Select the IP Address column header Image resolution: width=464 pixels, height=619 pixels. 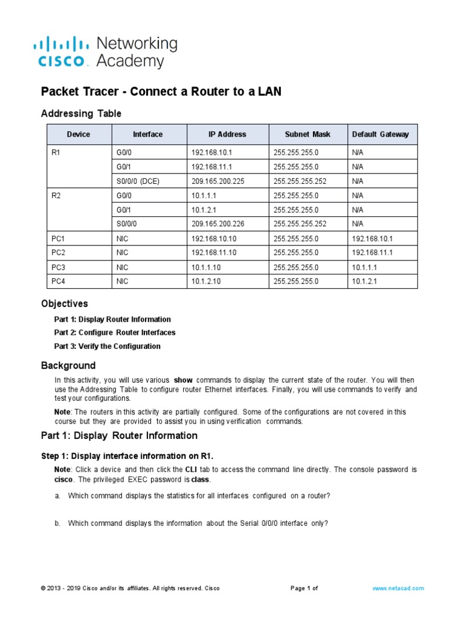click(x=227, y=134)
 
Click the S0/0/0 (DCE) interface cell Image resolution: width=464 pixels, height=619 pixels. click(x=138, y=181)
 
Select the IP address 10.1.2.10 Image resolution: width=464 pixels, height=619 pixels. click(x=207, y=281)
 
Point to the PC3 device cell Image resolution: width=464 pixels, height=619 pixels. click(x=59, y=267)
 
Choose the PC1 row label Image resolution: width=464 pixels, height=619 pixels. click(x=59, y=238)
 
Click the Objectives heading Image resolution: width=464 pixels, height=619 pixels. click(x=64, y=303)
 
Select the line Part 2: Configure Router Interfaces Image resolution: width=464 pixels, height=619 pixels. click(x=115, y=332)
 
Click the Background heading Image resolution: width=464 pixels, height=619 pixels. click(x=68, y=365)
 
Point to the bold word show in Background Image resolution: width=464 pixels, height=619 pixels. click(x=182, y=380)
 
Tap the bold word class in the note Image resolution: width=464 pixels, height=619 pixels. click(x=200, y=479)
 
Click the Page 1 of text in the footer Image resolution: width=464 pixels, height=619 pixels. click(x=304, y=588)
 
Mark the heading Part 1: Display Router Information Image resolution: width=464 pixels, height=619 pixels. click(x=119, y=435)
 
